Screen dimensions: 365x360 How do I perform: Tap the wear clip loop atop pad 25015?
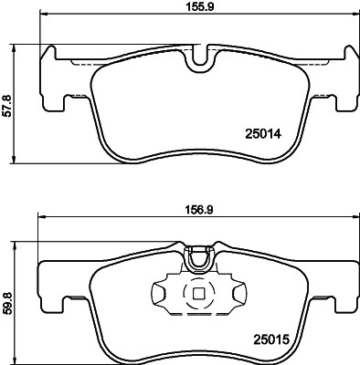pyautogui.click(x=197, y=260)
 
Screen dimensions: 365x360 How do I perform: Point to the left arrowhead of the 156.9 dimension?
pyautogui.click(x=40, y=216)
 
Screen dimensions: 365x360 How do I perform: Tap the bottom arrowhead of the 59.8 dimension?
pyautogui.click(x=17, y=356)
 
